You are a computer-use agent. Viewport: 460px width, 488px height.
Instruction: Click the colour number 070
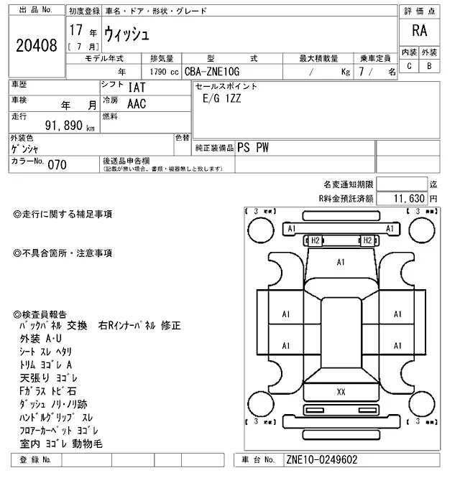tap(57, 164)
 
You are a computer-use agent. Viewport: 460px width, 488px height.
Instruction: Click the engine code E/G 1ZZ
tap(224, 101)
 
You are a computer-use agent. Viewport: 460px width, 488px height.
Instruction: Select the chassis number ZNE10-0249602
tap(321, 459)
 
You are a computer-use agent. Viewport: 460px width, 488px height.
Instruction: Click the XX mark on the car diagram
tap(341, 391)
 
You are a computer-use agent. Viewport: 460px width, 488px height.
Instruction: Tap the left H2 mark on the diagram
tap(314, 240)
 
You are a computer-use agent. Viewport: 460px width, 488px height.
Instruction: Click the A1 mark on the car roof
tap(341, 263)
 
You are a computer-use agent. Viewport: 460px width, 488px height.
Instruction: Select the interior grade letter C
tap(409, 66)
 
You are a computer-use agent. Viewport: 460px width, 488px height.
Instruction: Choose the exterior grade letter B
tap(429, 66)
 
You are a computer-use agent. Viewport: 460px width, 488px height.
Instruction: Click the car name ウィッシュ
tap(126, 33)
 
